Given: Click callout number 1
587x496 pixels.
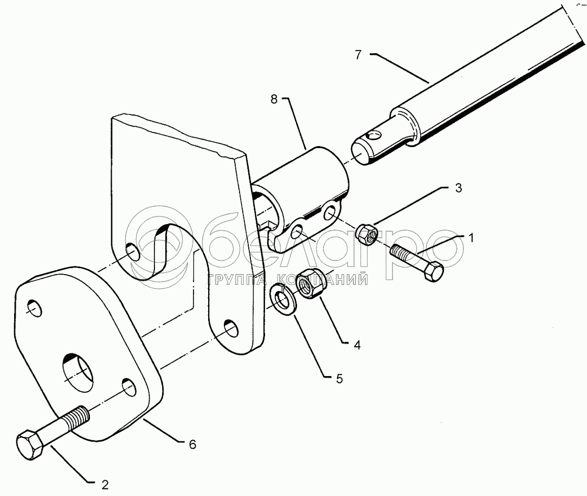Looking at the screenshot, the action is pos(472,237).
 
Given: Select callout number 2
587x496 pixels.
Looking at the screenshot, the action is pos(106,484).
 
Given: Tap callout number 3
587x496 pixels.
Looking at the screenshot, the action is pos(458,188).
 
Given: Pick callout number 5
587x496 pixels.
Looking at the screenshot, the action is pos(339,379).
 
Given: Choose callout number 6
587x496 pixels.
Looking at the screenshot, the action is pos(192,444).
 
